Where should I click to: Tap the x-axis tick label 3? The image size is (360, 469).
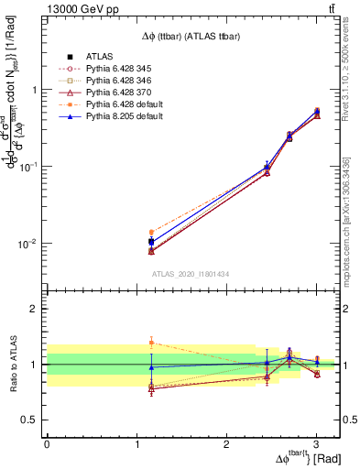point(316,443)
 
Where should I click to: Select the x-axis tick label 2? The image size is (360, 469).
point(226,443)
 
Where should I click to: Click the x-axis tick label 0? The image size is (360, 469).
point(47,443)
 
